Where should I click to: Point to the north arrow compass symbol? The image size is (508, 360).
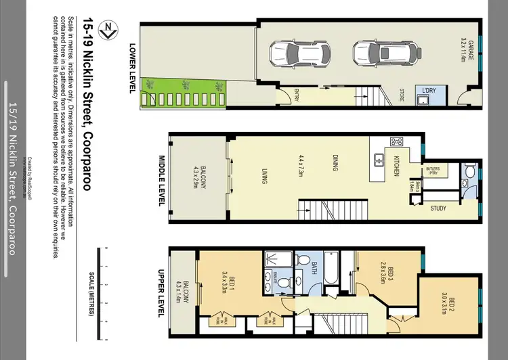point(106,28)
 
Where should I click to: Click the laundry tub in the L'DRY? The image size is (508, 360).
point(425,102)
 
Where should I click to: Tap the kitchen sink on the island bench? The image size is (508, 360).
point(378,161)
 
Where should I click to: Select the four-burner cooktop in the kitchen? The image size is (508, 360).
point(398,142)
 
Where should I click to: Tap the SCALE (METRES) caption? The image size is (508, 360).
point(91,292)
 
